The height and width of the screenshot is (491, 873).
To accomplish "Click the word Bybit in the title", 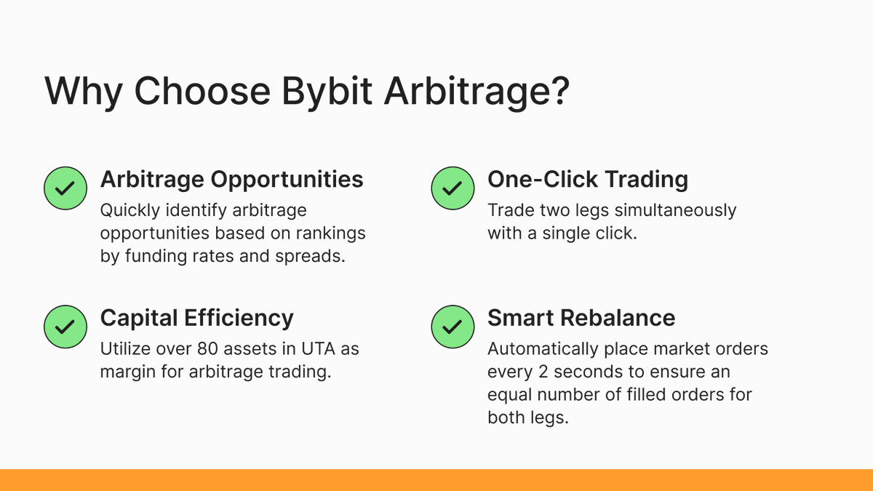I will (332, 92).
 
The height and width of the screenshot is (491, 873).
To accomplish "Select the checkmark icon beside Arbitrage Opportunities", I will (65, 188).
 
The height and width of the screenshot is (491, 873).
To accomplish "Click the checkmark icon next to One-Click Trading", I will (453, 188).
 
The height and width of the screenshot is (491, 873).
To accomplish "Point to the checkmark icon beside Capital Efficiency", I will (65, 327).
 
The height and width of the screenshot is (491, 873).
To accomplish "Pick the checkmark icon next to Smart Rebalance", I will (453, 327).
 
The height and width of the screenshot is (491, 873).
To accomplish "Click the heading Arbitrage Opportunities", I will (231, 179).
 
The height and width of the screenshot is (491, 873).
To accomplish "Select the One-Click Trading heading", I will (587, 179).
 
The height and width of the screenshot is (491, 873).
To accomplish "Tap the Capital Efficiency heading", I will (196, 318).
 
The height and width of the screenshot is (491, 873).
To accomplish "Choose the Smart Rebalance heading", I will (581, 318).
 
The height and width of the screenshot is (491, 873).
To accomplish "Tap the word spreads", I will (307, 257).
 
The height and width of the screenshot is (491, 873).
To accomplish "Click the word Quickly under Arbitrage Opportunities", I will (127, 211).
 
